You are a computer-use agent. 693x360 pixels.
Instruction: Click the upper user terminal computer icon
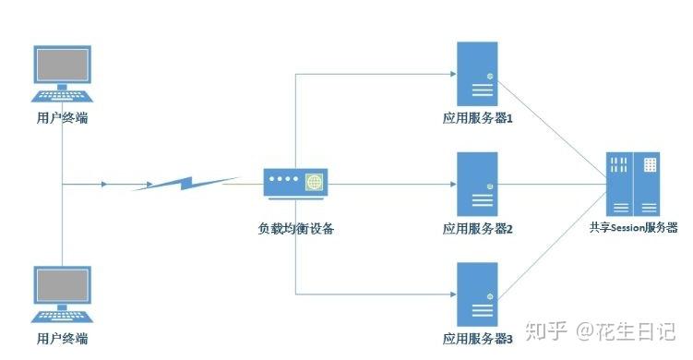pyautogui.click(x=63, y=75)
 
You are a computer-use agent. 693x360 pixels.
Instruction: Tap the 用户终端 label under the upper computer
pyautogui.click(x=63, y=119)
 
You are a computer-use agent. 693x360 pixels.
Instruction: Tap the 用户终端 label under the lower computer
pyautogui.click(x=63, y=339)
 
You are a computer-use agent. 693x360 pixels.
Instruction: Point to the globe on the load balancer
pyautogui.click(x=315, y=183)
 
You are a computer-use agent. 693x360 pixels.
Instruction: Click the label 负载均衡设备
pyautogui.click(x=295, y=228)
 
